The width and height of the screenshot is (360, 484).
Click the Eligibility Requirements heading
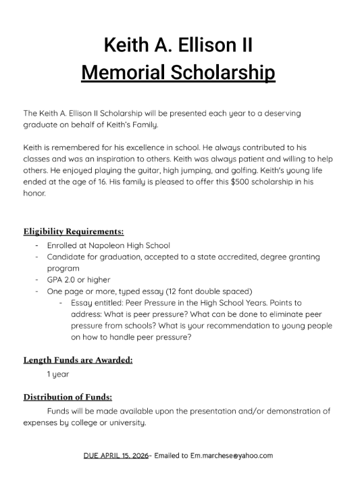[74, 231]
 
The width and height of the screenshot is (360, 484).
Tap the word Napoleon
[113, 245]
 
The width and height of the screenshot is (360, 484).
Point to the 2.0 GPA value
[71, 279]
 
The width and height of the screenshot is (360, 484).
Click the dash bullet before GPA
[36, 279]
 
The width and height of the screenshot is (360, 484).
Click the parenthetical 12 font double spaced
[206, 291]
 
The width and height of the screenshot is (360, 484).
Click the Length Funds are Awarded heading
[78, 360]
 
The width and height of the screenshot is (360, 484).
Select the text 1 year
[57, 374]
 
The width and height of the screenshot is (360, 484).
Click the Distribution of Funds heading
[68, 397]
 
